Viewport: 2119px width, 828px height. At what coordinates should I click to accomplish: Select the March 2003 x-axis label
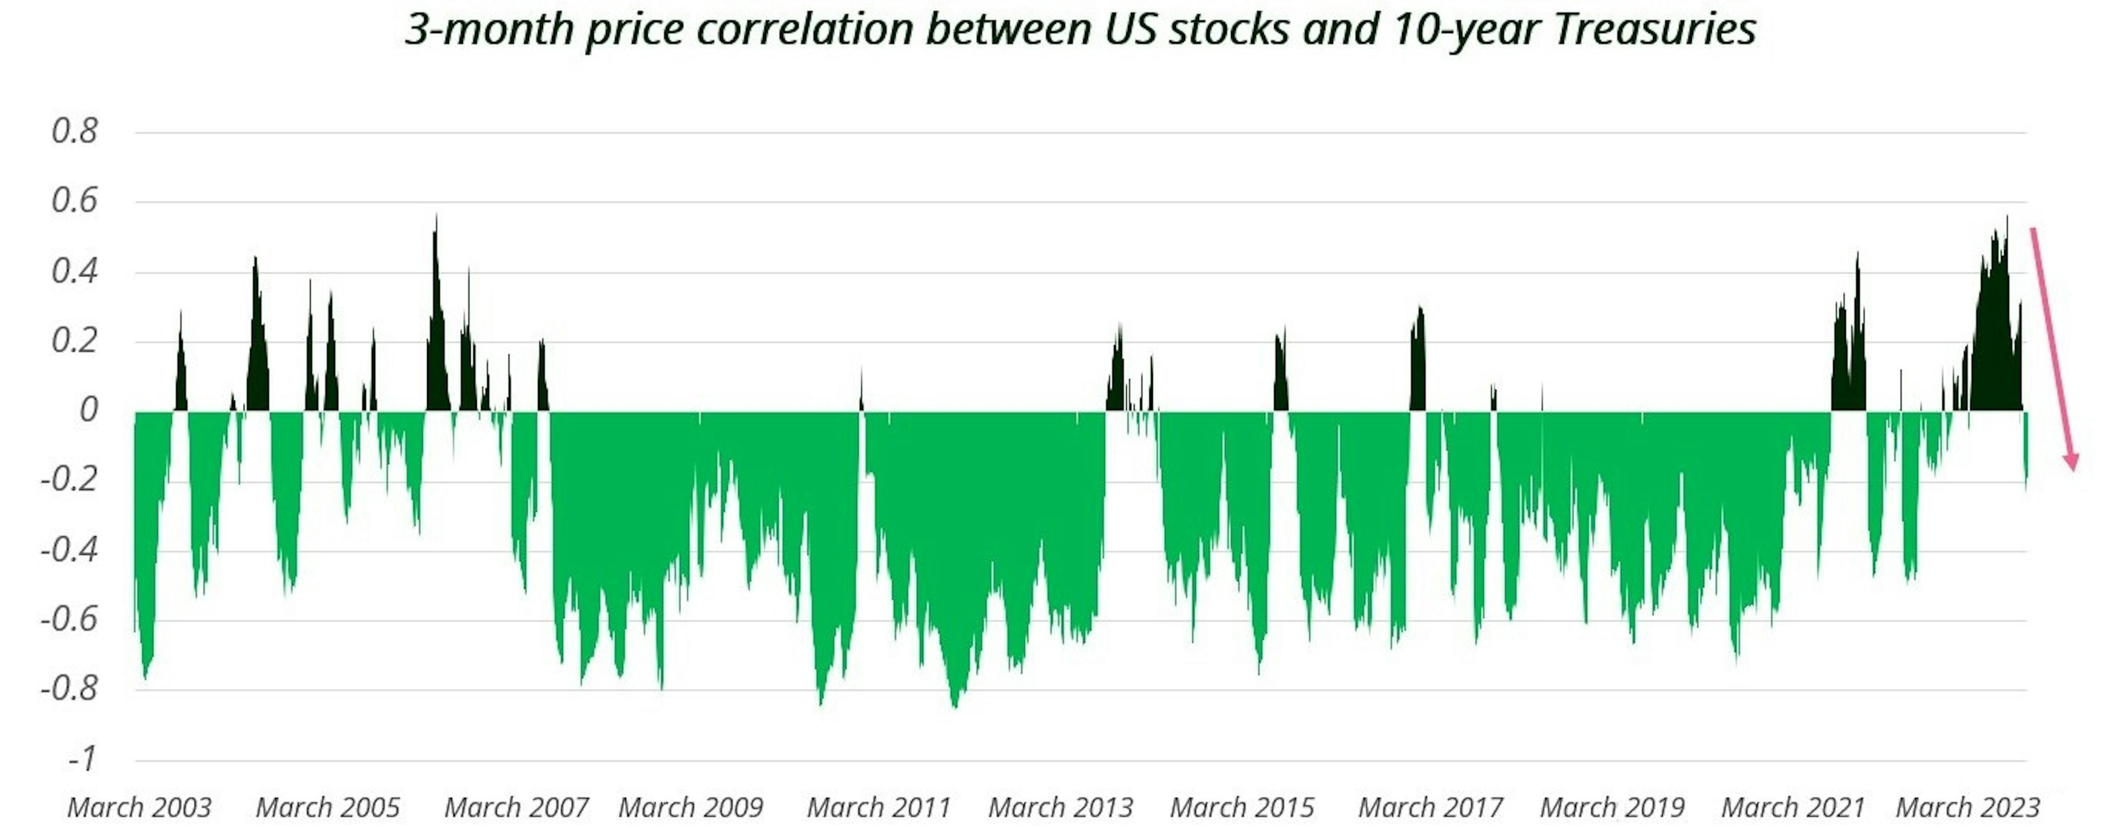click(x=139, y=808)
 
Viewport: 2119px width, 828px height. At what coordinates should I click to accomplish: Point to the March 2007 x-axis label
click(x=517, y=808)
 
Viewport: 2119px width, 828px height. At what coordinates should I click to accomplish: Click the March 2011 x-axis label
click(x=879, y=808)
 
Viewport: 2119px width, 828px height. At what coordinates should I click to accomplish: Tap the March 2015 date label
click(x=1242, y=808)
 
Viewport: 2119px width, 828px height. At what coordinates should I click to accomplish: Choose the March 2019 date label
click(x=1612, y=808)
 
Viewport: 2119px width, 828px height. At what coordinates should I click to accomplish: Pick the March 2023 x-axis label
click(x=1968, y=808)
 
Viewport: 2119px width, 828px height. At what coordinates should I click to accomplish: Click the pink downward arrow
click(x=2053, y=349)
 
